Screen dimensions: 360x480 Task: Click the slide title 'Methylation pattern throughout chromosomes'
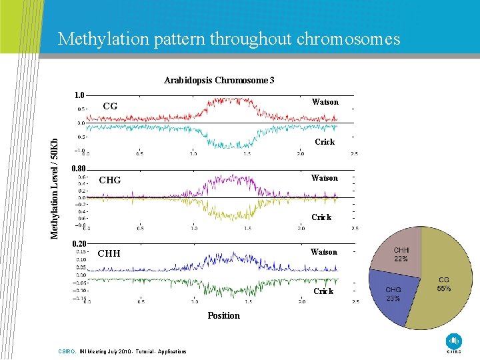[229, 39]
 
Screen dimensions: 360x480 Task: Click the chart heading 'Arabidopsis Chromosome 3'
[219, 80]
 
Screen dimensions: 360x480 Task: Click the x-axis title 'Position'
[223, 315]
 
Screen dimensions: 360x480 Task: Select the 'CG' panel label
[110, 106]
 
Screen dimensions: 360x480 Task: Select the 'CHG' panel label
[110, 179]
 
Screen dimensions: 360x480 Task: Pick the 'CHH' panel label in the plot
[109, 253]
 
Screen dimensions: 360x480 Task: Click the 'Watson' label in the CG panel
[325, 102]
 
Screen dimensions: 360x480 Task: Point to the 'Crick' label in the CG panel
[325, 141]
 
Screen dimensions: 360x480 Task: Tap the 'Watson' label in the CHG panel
[324, 178]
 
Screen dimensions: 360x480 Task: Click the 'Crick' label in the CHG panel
[321, 217]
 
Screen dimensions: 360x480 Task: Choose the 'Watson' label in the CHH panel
[323, 252]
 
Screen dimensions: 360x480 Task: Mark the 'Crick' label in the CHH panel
[323, 291]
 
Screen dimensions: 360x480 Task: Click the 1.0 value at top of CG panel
[79, 95]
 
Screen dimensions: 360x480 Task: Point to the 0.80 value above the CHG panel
[79, 168]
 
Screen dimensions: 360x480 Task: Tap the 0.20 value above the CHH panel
[79, 243]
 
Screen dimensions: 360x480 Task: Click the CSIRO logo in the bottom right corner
[453, 341]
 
